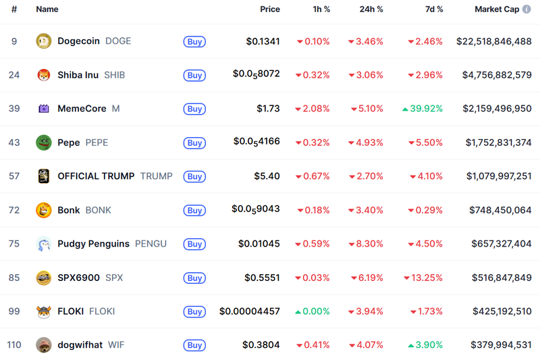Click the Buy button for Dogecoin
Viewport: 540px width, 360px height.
tap(194, 41)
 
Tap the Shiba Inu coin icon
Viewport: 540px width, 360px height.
tap(43, 75)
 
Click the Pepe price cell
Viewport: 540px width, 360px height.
tap(256, 142)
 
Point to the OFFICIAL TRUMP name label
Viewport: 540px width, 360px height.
tap(96, 176)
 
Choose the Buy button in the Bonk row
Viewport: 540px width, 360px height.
tap(194, 210)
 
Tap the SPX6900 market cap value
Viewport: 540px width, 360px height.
tap(500, 278)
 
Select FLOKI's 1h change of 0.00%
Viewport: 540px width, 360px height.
tap(313, 311)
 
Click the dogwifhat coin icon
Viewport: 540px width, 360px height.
tap(43, 345)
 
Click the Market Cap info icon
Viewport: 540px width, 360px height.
tap(526, 9)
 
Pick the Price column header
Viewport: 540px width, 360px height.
tap(270, 9)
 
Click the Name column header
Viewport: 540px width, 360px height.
tap(47, 9)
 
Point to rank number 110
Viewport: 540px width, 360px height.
tap(14, 345)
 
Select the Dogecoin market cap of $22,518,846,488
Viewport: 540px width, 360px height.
tap(494, 41)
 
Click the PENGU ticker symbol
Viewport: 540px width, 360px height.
tap(151, 244)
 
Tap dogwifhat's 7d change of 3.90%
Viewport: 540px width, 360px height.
tap(426, 345)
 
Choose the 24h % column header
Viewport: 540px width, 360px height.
tap(371, 9)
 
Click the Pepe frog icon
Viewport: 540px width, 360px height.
tap(43, 143)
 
